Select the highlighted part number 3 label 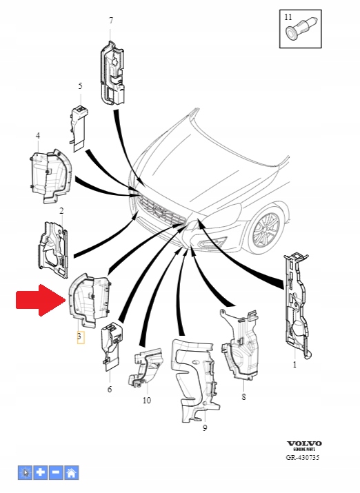80,337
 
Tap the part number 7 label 110,21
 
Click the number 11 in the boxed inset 289,15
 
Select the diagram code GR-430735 304,458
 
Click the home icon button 72,473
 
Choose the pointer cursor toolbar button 26,473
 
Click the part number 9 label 205,428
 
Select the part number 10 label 146,400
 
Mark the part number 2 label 61,210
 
